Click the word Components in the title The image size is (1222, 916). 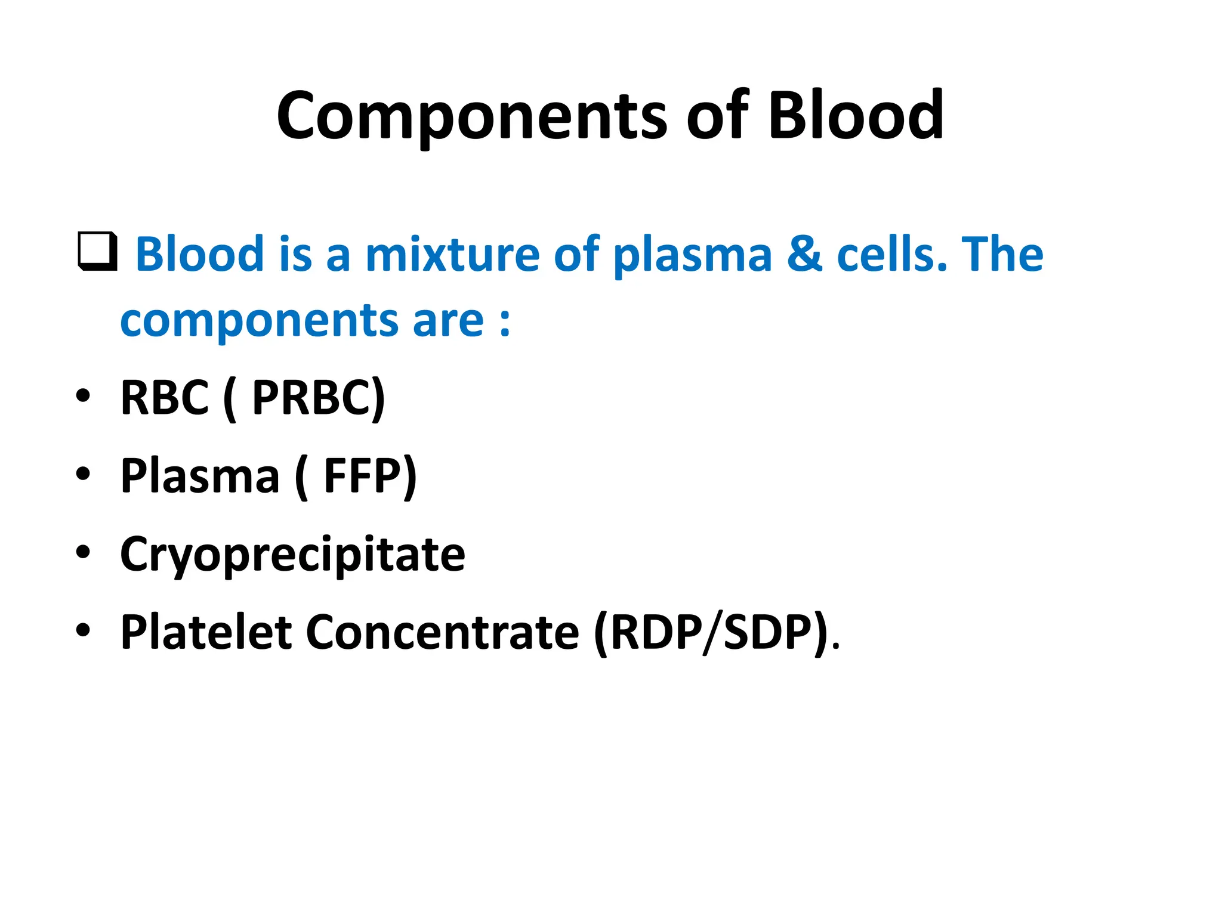[471, 116]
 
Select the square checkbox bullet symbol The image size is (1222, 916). [97, 252]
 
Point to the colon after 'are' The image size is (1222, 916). [505, 322]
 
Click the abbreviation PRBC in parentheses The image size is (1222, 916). [316, 398]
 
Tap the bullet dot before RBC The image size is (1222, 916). [83, 395]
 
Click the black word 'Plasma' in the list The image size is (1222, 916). [200, 476]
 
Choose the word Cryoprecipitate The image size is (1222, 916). [292, 555]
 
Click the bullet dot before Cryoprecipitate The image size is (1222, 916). [83, 552]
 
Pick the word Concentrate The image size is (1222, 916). [442, 632]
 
